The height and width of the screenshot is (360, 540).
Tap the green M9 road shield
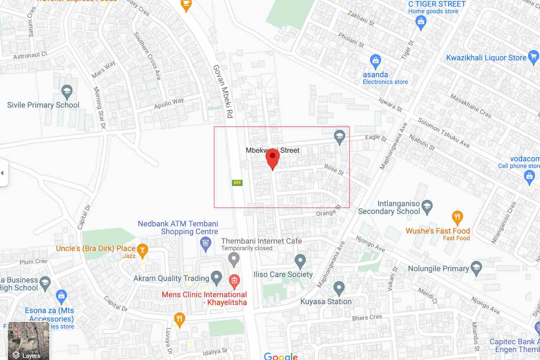pos(237,183)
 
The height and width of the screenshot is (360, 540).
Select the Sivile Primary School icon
pos(67,92)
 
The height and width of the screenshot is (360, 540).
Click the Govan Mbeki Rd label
pos(223,91)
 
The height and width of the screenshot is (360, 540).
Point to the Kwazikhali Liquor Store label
pos(486,58)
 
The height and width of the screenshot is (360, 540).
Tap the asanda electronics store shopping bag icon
pos(375,61)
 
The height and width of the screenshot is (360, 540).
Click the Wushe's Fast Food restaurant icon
pos(457,217)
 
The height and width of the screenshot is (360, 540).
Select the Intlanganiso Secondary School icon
pos(427,207)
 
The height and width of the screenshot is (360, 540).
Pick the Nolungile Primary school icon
pos(476,268)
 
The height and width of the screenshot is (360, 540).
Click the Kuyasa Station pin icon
pos(339,288)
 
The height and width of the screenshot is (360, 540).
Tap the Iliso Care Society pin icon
pos(300,261)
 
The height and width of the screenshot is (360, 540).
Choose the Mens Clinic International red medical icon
pos(234,281)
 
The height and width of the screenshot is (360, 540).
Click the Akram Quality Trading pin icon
pos(216,278)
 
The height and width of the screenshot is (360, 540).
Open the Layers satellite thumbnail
pos(28,341)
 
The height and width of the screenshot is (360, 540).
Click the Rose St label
pos(334,169)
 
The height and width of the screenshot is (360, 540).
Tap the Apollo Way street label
pos(169,103)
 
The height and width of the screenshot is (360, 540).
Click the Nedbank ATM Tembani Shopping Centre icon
pos(206,244)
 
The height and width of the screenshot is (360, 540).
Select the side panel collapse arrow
pos(3,173)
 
